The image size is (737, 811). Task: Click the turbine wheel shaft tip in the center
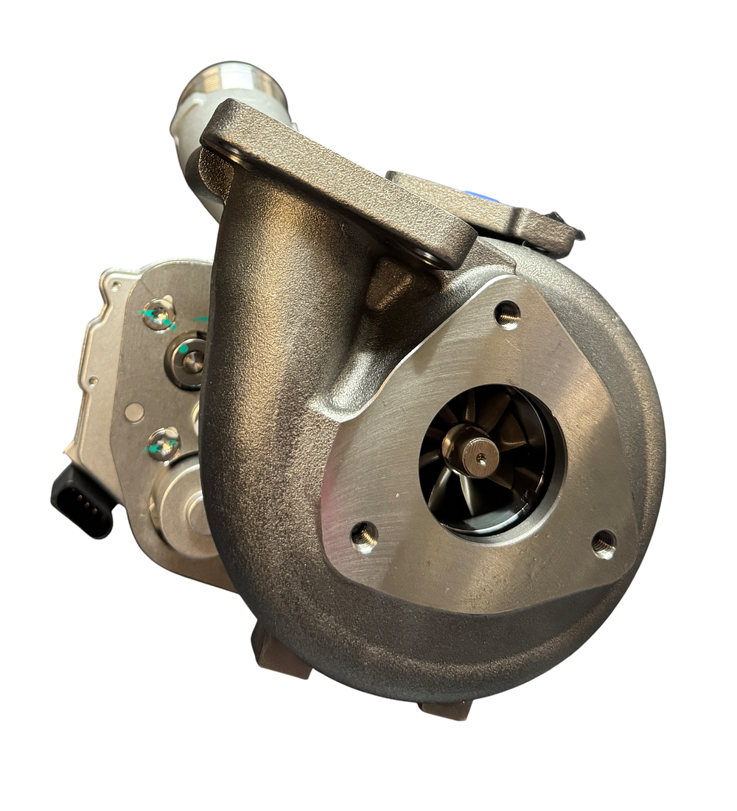point(481,458)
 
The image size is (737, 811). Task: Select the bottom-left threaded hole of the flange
point(363,535)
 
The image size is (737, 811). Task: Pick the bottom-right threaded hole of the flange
point(604,544)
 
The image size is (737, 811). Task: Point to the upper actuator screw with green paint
point(159,313)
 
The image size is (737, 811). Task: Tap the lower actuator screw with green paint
point(163,444)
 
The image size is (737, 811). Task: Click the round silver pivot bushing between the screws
point(190,361)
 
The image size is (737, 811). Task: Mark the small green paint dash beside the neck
point(200,319)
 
